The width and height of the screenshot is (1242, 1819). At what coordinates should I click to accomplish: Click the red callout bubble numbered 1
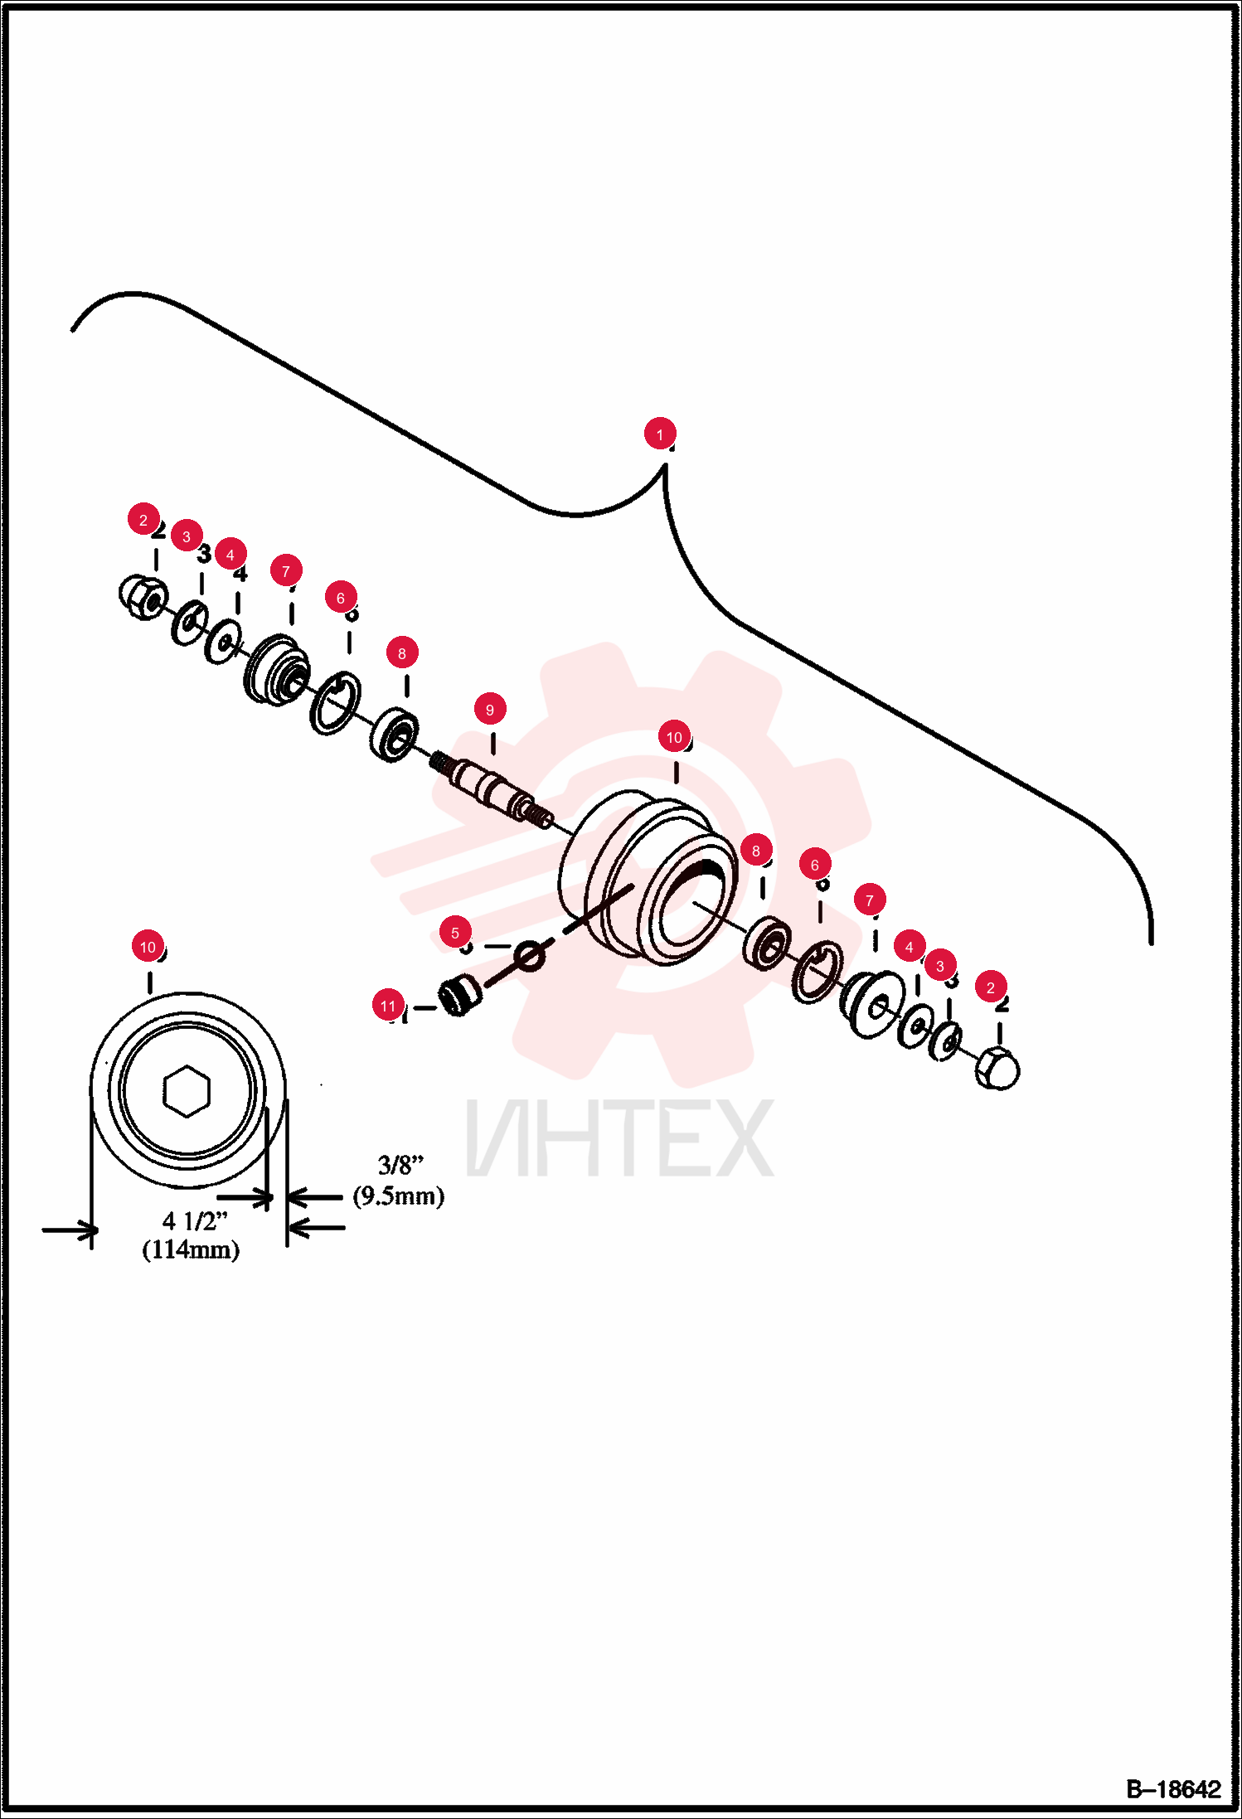point(660,434)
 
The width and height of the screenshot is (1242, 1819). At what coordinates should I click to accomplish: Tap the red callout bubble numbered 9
point(490,710)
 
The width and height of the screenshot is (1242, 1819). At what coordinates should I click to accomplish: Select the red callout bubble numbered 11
point(388,1006)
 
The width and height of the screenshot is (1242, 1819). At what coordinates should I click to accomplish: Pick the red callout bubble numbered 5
point(455,933)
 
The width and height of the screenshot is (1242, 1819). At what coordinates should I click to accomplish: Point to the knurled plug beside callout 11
point(460,994)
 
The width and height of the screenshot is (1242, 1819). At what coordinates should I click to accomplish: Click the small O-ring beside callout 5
point(529,955)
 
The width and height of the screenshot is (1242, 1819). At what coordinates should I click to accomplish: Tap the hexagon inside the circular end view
point(187,1091)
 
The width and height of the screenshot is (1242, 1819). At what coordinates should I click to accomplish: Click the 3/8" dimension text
point(400,1165)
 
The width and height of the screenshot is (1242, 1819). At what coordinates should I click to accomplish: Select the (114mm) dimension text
point(191,1249)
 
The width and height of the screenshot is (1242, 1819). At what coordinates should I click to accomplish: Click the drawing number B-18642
point(1173,1789)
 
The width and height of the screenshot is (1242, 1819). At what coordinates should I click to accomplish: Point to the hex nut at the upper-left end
point(143,596)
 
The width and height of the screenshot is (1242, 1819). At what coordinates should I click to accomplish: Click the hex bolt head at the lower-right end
point(997,1068)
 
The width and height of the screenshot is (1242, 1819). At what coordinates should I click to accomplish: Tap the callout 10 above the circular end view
point(148,947)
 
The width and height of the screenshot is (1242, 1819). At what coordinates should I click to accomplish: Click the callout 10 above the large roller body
point(674,737)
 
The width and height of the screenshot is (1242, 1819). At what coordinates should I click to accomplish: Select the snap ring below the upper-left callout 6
point(335,703)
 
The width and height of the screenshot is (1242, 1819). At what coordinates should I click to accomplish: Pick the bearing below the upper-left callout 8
point(393,733)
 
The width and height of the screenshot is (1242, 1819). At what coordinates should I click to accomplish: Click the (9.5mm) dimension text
point(399,1196)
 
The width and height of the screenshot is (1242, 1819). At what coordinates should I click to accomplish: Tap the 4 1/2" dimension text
point(195,1221)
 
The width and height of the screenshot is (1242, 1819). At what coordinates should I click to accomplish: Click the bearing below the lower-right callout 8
point(767,942)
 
